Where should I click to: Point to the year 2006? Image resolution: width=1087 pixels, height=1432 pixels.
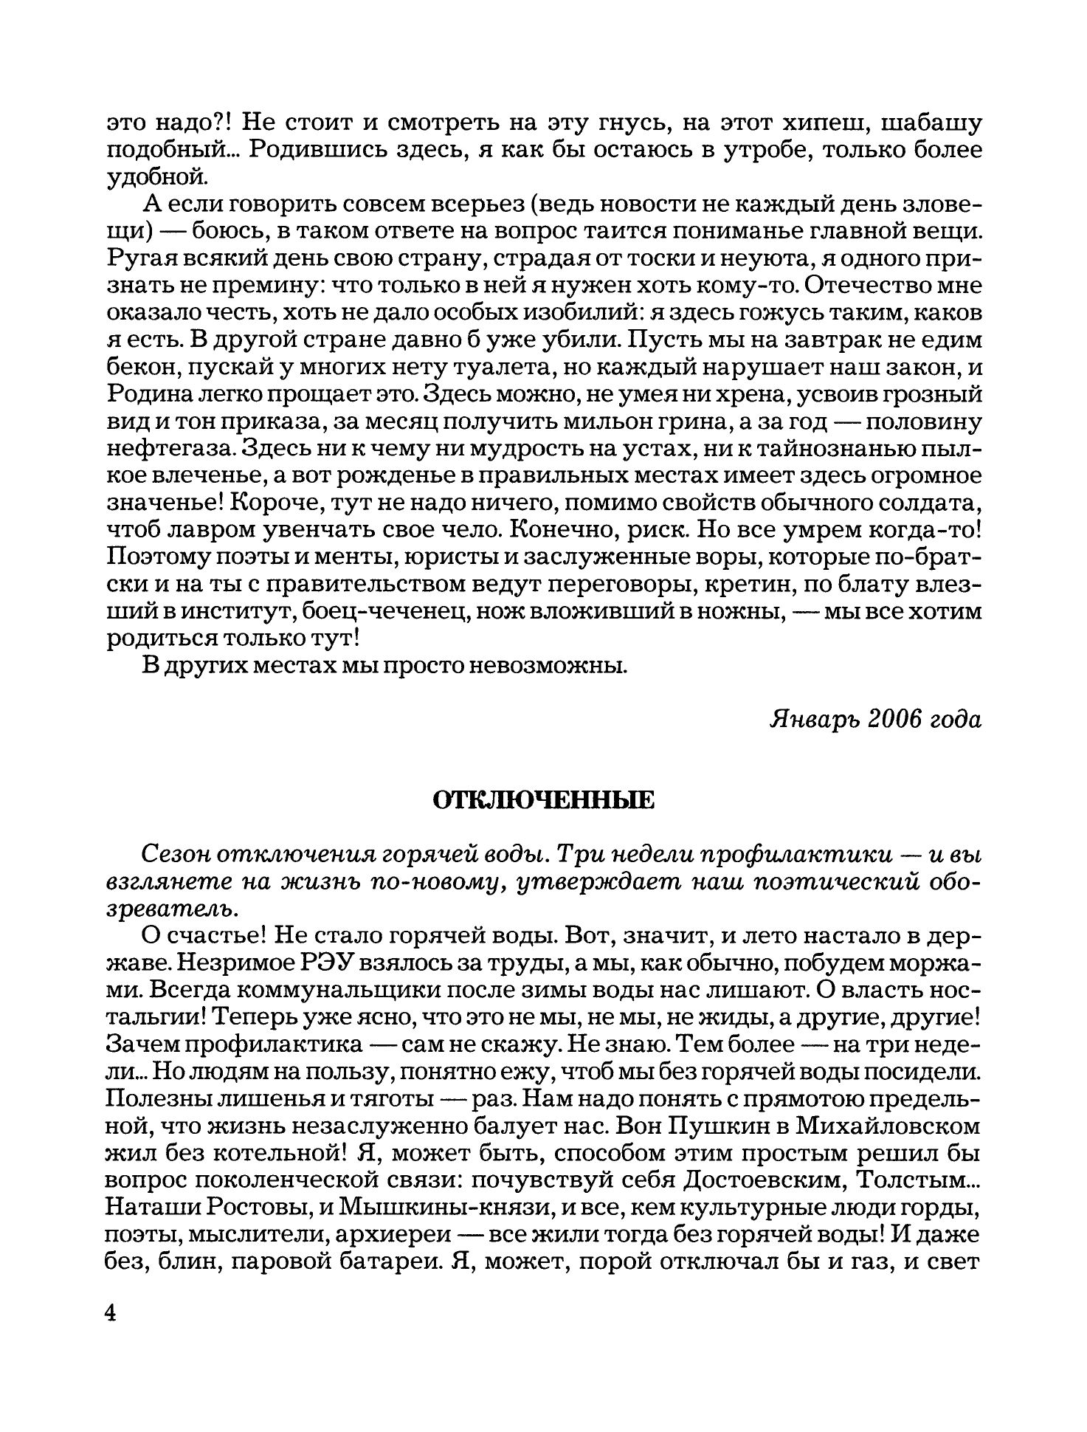pyautogui.click(x=894, y=719)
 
